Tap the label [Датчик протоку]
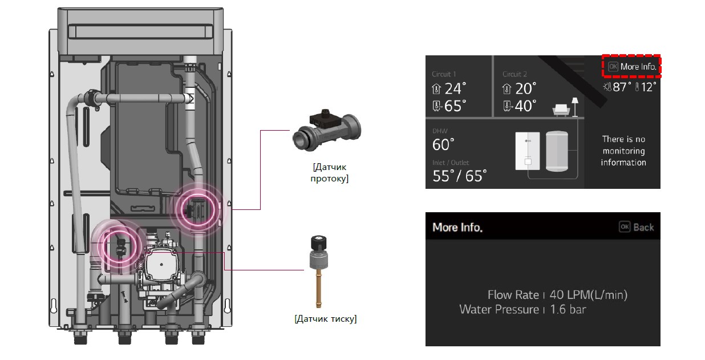pyautogui.click(x=330, y=173)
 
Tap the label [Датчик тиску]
pyautogui.click(x=326, y=319)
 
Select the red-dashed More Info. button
pyautogui.click(x=632, y=67)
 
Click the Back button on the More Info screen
pyautogui.click(x=637, y=227)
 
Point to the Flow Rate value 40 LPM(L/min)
pyautogui.click(x=588, y=295)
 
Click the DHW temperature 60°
pyautogui.click(x=443, y=145)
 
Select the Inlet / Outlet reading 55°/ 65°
pyautogui.click(x=459, y=176)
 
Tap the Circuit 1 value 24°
pyautogui.click(x=455, y=88)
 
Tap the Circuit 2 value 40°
pyautogui.click(x=525, y=106)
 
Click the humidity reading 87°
pyautogui.click(x=621, y=87)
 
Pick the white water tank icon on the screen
pyautogui.click(x=558, y=151)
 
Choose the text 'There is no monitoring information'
pyautogui.click(x=623, y=151)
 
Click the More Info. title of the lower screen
pyautogui.click(x=457, y=227)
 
